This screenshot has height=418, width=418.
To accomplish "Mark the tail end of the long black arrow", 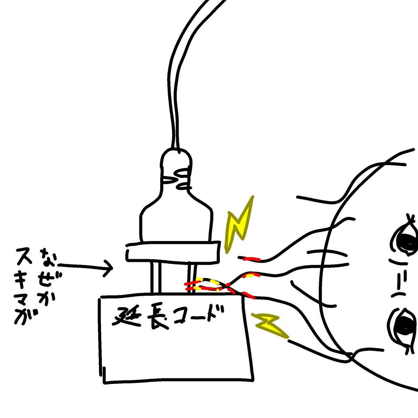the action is point(59,265).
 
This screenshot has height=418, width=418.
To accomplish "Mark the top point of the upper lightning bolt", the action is point(253,196).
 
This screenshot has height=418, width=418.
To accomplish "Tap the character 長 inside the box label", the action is point(157,319).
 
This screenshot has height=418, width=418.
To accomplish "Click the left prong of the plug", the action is point(156,277).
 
